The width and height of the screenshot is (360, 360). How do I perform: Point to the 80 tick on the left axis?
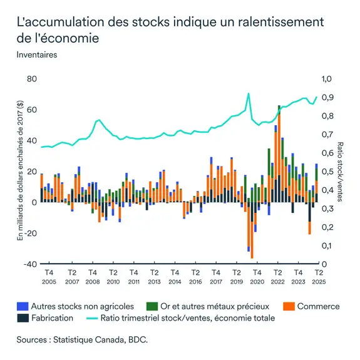[32, 80]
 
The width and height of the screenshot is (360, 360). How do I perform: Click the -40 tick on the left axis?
[30, 264]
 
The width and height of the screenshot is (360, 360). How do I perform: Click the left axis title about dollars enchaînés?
[20, 171]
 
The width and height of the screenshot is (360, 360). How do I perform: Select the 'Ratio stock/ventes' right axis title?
[341, 171]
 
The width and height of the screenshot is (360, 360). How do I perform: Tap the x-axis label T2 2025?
[318, 277]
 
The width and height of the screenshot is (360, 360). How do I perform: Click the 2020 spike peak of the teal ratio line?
[249, 94]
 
